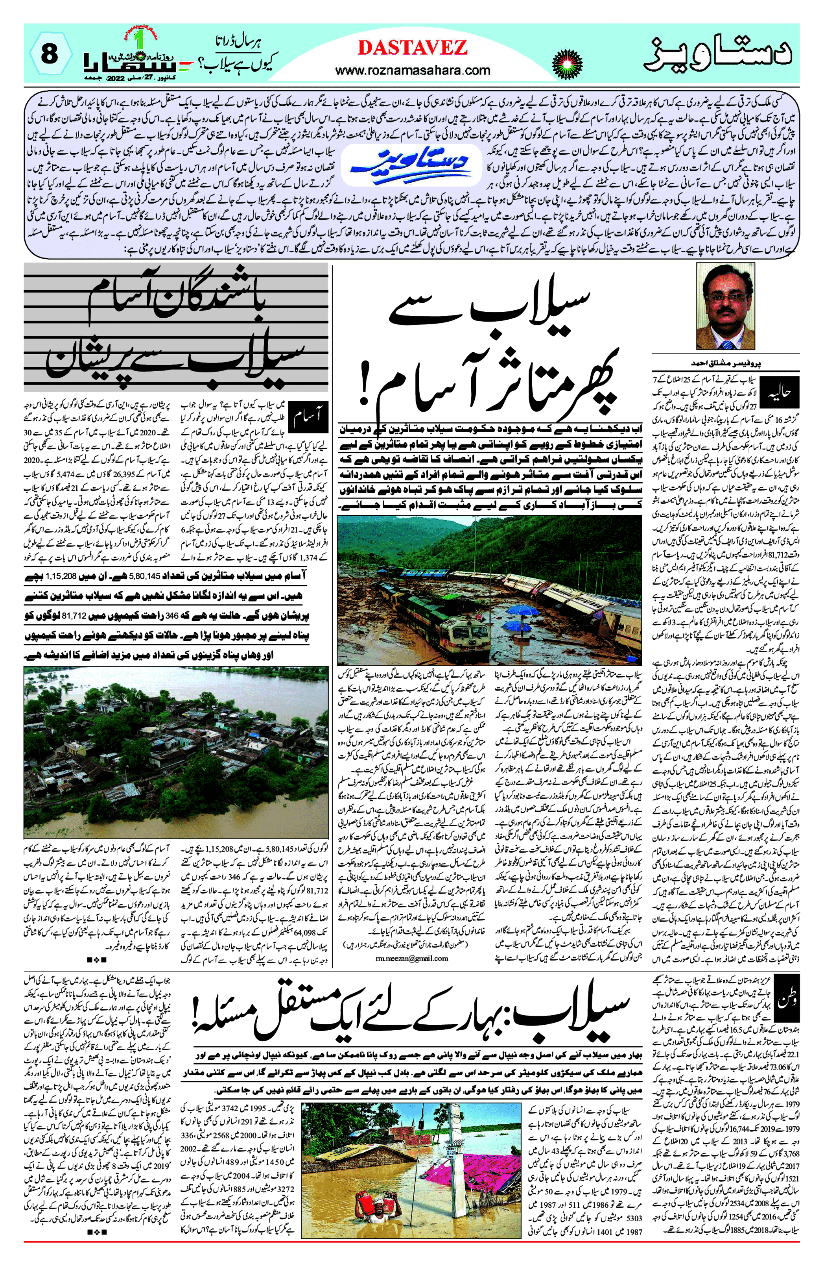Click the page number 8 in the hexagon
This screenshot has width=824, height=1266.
tap(49, 55)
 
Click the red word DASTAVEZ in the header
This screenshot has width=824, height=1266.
tap(412, 48)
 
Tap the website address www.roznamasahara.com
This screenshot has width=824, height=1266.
tap(412, 70)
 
